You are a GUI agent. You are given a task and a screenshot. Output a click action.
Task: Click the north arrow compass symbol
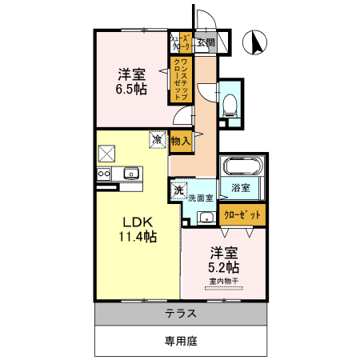[258, 42]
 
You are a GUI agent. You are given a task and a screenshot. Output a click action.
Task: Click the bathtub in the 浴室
[242, 168]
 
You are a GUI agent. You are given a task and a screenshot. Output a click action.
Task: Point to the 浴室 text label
[241, 188]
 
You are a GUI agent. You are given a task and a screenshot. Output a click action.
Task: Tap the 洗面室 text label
[200, 197]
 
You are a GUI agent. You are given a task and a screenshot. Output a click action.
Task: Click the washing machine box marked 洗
[177, 191]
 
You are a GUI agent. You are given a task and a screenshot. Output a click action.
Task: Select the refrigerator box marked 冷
[157, 140]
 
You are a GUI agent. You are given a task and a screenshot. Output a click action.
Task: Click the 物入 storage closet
[181, 141]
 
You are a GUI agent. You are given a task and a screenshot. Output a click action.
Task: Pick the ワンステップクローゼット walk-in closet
[180, 78]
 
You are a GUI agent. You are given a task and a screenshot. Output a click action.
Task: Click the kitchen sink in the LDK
[130, 174]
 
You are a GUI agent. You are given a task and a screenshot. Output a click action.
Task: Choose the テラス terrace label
[182, 314]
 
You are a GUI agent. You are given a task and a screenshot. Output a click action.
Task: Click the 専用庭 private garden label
[181, 341]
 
